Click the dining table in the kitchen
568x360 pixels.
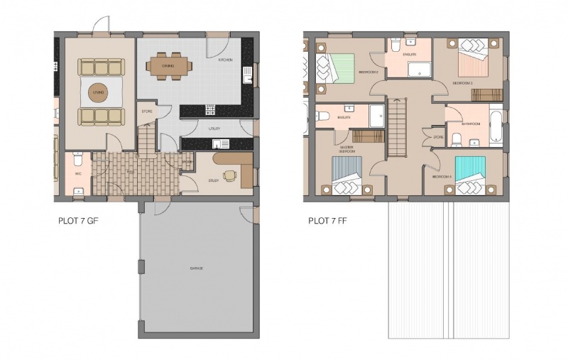168,66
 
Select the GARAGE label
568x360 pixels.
197,268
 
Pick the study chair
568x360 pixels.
226,175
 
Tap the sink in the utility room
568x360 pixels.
218,144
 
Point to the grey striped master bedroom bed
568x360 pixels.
348,176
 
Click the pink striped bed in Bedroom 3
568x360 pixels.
471,58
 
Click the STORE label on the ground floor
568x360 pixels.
148,111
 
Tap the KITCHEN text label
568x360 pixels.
226,61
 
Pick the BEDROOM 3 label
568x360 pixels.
463,83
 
